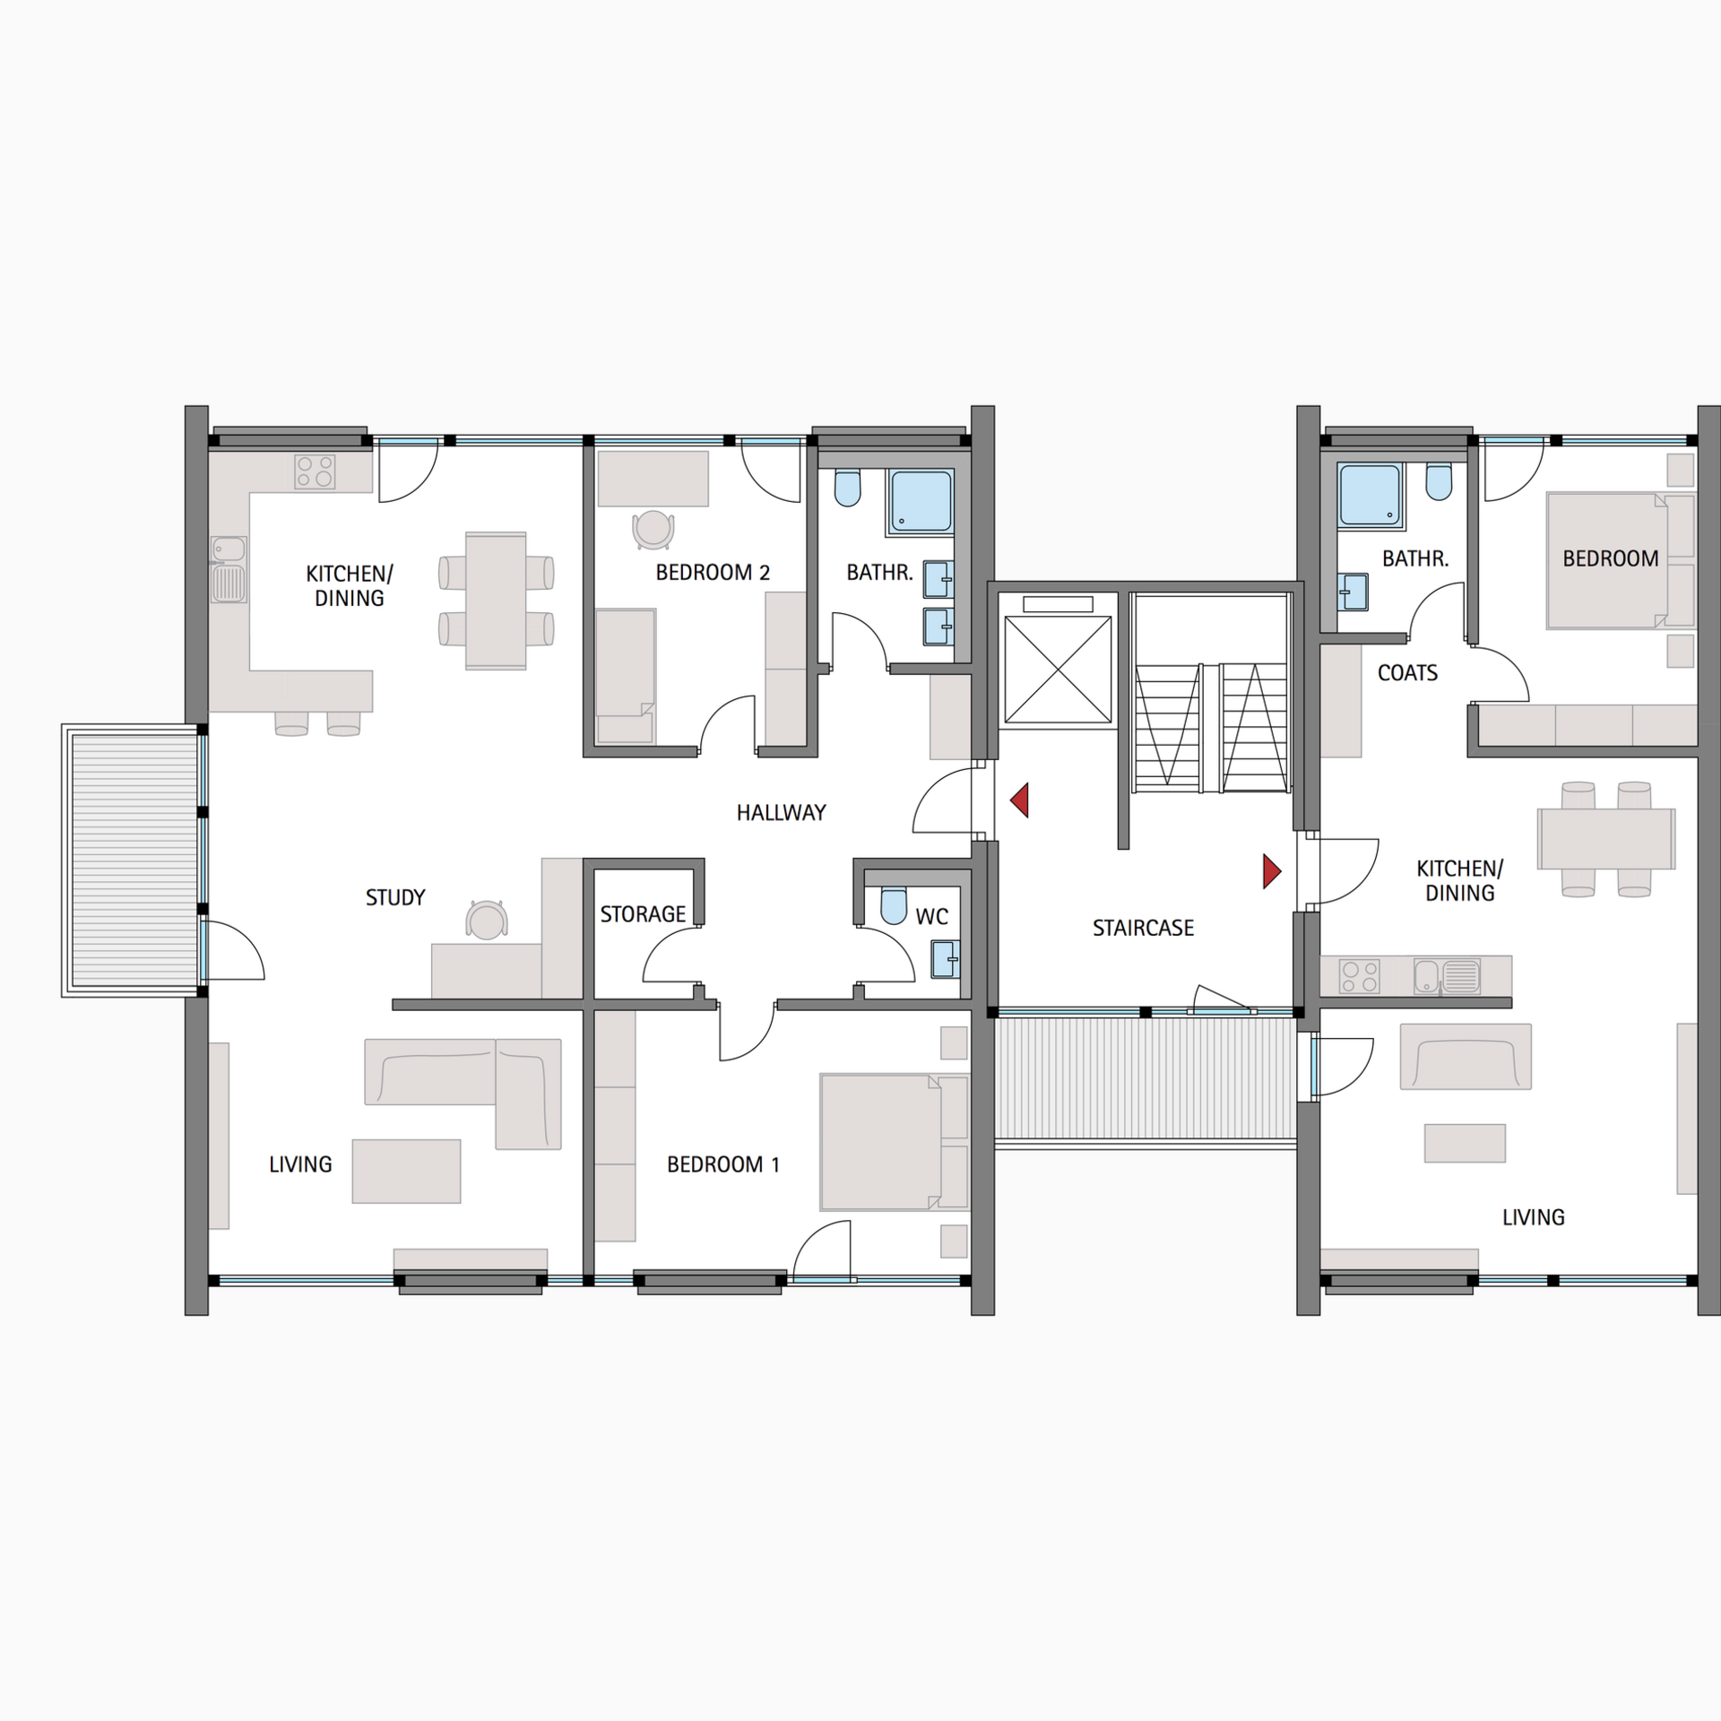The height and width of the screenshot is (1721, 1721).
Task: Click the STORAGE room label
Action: pyautogui.click(x=643, y=914)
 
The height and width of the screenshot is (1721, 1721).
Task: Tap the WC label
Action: pyautogui.click(x=931, y=916)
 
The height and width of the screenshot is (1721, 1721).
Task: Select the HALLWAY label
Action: pyautogui.click(x=781, y=813)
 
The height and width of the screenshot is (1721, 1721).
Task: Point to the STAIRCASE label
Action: pyautogui.click(x=1143, y=928)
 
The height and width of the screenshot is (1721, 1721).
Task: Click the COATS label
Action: pyautogui.click(x=1407, y=673)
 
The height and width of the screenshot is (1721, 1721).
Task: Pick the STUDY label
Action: pyautogui.click(x=395, y=897)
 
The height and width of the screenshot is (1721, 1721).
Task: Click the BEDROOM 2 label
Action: pyautogui.click(x=713, y=573)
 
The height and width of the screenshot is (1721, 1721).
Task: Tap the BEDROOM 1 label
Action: pyautogui.click(x=722, y=1164)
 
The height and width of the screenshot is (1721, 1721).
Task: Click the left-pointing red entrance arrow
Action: pyautogui.click(x=1019, y=800)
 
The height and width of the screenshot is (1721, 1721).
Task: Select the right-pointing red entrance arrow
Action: pyautogui.click(x=1271, y=871)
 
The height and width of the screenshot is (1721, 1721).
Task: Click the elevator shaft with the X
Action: pyautogui.click(x=1058, y=669)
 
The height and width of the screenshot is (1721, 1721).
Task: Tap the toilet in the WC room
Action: pyautogui.click(x=894, y=906)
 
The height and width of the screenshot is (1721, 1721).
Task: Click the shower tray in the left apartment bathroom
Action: pyautogui.click(x=921, y=502)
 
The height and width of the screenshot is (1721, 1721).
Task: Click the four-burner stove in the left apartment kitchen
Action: pyautogui.click(x=315, y=471)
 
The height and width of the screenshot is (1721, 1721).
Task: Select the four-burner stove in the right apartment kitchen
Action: pyautogui.click(x=1358, y=976)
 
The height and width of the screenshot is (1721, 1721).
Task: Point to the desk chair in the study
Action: pyautogui.click(x=486, y=921)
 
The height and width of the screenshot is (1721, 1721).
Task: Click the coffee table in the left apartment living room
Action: pyautogui.click(x=406, y=1171)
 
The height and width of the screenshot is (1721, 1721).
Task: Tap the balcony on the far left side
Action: pyautogui.click(x=133, y=860)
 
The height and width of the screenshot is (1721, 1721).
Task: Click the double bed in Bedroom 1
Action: pyautogui.click(x=893, y=1141)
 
